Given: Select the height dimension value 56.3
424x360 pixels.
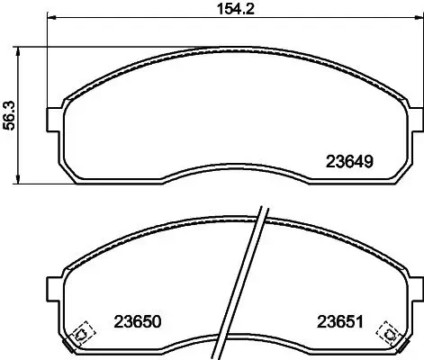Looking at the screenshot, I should pyautogui.click(x=10, y=115).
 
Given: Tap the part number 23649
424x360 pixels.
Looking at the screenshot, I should pyautogui.click(x=347, y=163).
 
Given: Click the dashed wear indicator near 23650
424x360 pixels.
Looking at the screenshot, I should pyautogui.click(x=80, y=334).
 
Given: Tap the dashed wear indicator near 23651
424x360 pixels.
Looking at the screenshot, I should pyautogui.click(x=390, y=333).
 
